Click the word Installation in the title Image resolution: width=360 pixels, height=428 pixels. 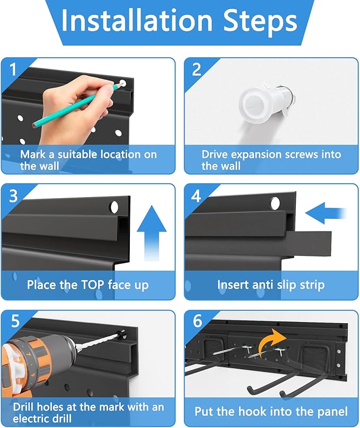(137, 20)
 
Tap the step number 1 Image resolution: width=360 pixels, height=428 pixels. (13, 69)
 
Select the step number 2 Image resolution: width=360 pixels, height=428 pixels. (197, 69)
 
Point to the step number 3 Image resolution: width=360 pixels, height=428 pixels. (13, 196)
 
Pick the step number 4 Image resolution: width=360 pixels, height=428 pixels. (196, 196)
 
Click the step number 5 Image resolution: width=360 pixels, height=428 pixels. (15, 320)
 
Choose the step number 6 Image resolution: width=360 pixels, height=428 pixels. (197, 320)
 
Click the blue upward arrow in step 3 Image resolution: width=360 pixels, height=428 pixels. (152, 234)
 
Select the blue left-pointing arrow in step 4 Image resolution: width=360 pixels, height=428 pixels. (326, 213)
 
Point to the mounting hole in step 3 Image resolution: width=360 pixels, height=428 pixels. (115, 208)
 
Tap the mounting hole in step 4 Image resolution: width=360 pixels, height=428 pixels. (275, 203)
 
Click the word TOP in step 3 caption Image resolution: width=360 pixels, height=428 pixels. (89, 284)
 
